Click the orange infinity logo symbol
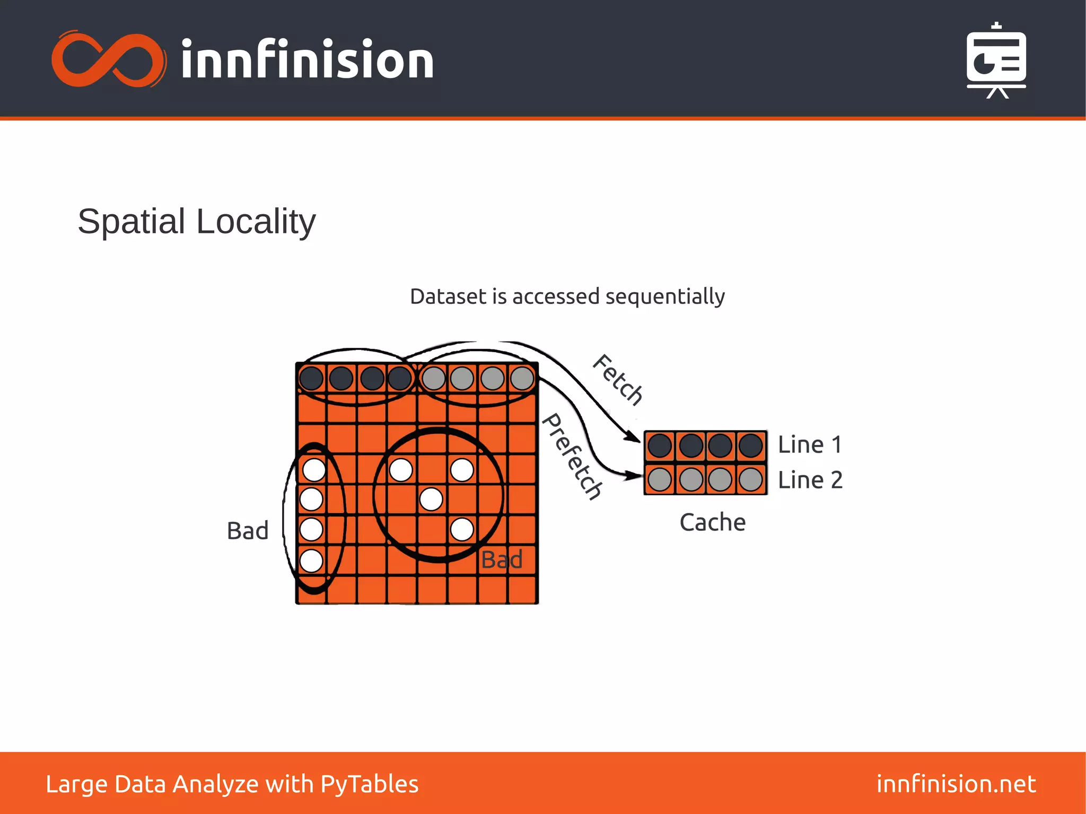[108, 59]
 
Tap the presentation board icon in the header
[996, 61]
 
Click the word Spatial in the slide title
[132, 221]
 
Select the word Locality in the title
[256, 221]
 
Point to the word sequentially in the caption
[665, 296]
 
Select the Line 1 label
[810, 444]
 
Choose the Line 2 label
[810, 480]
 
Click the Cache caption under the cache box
[712, 522]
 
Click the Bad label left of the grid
[248, 531]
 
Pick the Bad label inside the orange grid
[502, 559]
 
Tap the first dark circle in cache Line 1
[660, 445]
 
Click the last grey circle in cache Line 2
[751, 479]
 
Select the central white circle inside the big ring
[431, 499]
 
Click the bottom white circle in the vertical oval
[311, 561]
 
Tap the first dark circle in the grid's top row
[311, 378]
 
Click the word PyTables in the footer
[370, 784]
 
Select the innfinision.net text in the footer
[956, 784]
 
